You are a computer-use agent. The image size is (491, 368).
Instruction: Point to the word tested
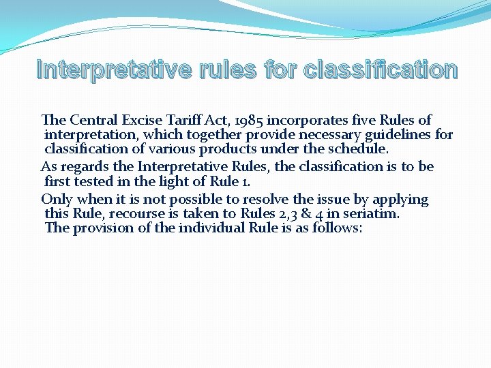(95, 181)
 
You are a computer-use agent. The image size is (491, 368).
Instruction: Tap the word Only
(57, 200)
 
